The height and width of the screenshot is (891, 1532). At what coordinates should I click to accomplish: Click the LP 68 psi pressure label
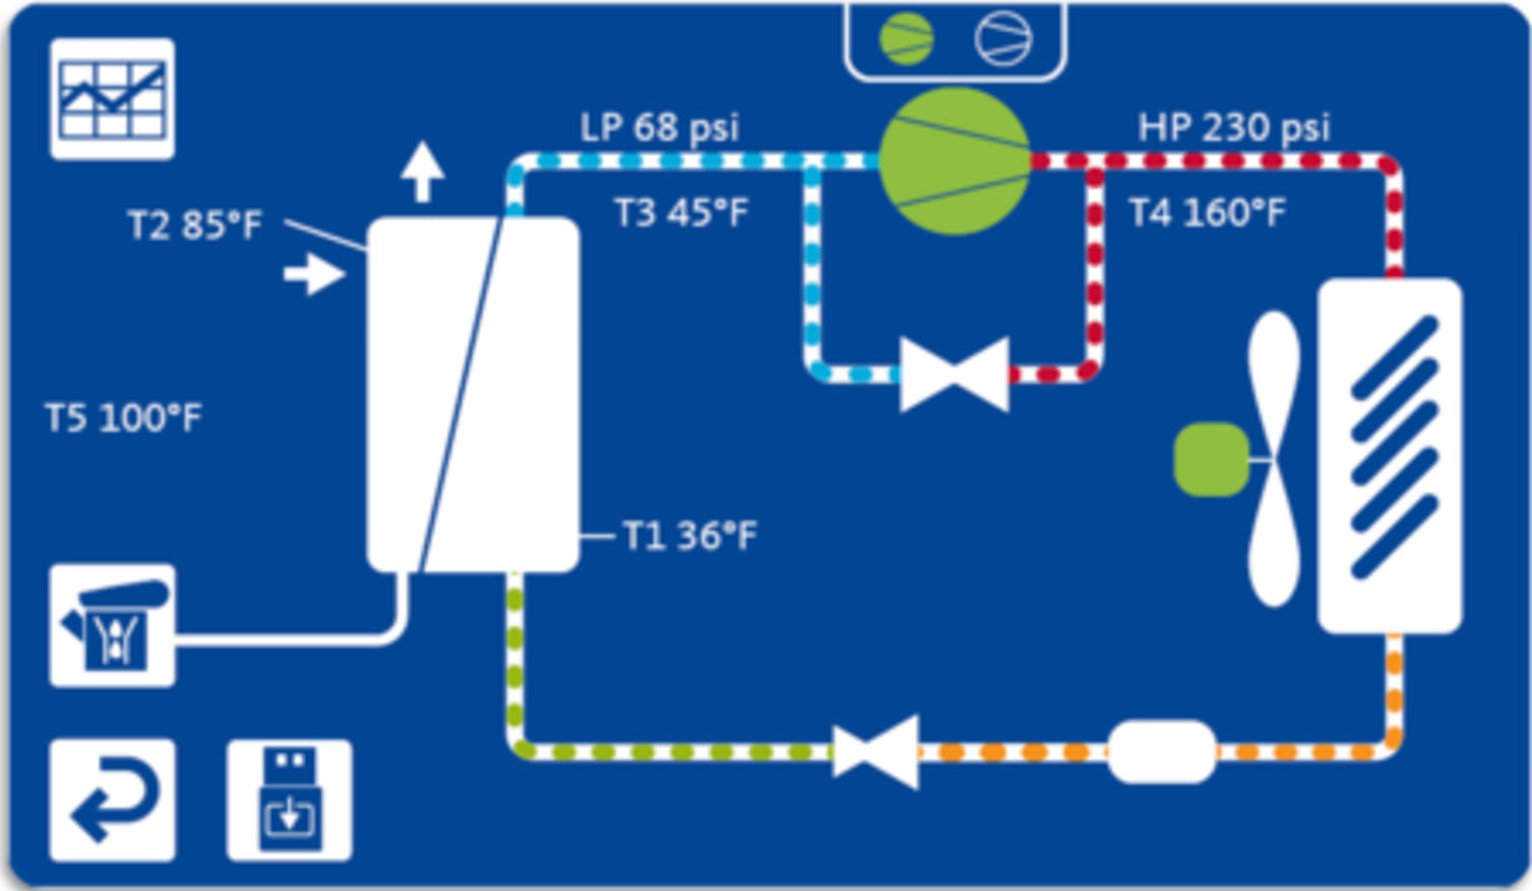pyautogui.click(x=659, y=127)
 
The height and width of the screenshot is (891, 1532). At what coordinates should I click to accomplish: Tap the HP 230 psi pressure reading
pyautogui.click(x=1233, y=127)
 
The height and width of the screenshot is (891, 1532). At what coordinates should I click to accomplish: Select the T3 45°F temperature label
pyautogui.click(x=681, y=212)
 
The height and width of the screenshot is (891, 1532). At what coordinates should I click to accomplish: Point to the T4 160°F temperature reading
pyautogui.click(x=1206, y=212)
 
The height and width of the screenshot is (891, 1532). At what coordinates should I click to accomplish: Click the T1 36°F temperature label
pyautogui.click(x=690, y=535)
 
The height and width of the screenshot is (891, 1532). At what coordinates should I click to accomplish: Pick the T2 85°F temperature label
pyautogui.click(x=195, y=225)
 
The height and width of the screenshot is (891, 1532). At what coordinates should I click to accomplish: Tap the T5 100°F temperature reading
pyautogui.click(x=123, y=418)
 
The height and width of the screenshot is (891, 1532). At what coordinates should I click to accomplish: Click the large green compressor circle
pyautogui.click(x=955, y=161)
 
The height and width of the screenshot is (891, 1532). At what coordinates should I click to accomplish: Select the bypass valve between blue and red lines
pyautogui.click(x=954, y=374)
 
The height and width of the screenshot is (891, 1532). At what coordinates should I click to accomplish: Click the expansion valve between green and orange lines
pyautogui.click(x=875, y=751)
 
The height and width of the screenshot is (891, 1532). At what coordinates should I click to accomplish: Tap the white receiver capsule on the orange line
pyautogui.click(x=1161, y=751)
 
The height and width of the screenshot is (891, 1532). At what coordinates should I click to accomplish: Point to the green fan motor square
pyautogui.click(x=1211, y=459)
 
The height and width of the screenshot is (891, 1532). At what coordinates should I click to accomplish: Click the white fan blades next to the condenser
pyautogui.click(x=1274, y=459)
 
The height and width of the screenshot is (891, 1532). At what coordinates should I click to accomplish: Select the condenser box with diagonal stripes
pyautogui.click(x=1389, y=455)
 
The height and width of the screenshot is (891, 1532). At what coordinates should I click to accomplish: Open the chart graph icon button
pyautogui.click(x=113, y=99)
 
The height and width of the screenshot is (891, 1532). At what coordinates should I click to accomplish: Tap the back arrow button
pyautogui.click(x=113, y=799)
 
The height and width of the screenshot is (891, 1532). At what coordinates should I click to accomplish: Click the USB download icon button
pyautogui.click(x=289, y=799)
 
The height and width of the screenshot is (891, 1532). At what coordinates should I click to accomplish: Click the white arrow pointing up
pyautogui.click(x=422, y=172)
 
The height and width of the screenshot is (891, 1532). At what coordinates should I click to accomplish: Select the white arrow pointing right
pyautogui.click(x=314, y=274)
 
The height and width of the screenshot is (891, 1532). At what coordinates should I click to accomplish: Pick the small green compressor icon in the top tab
pyautogui.click(x=906, y=39)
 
